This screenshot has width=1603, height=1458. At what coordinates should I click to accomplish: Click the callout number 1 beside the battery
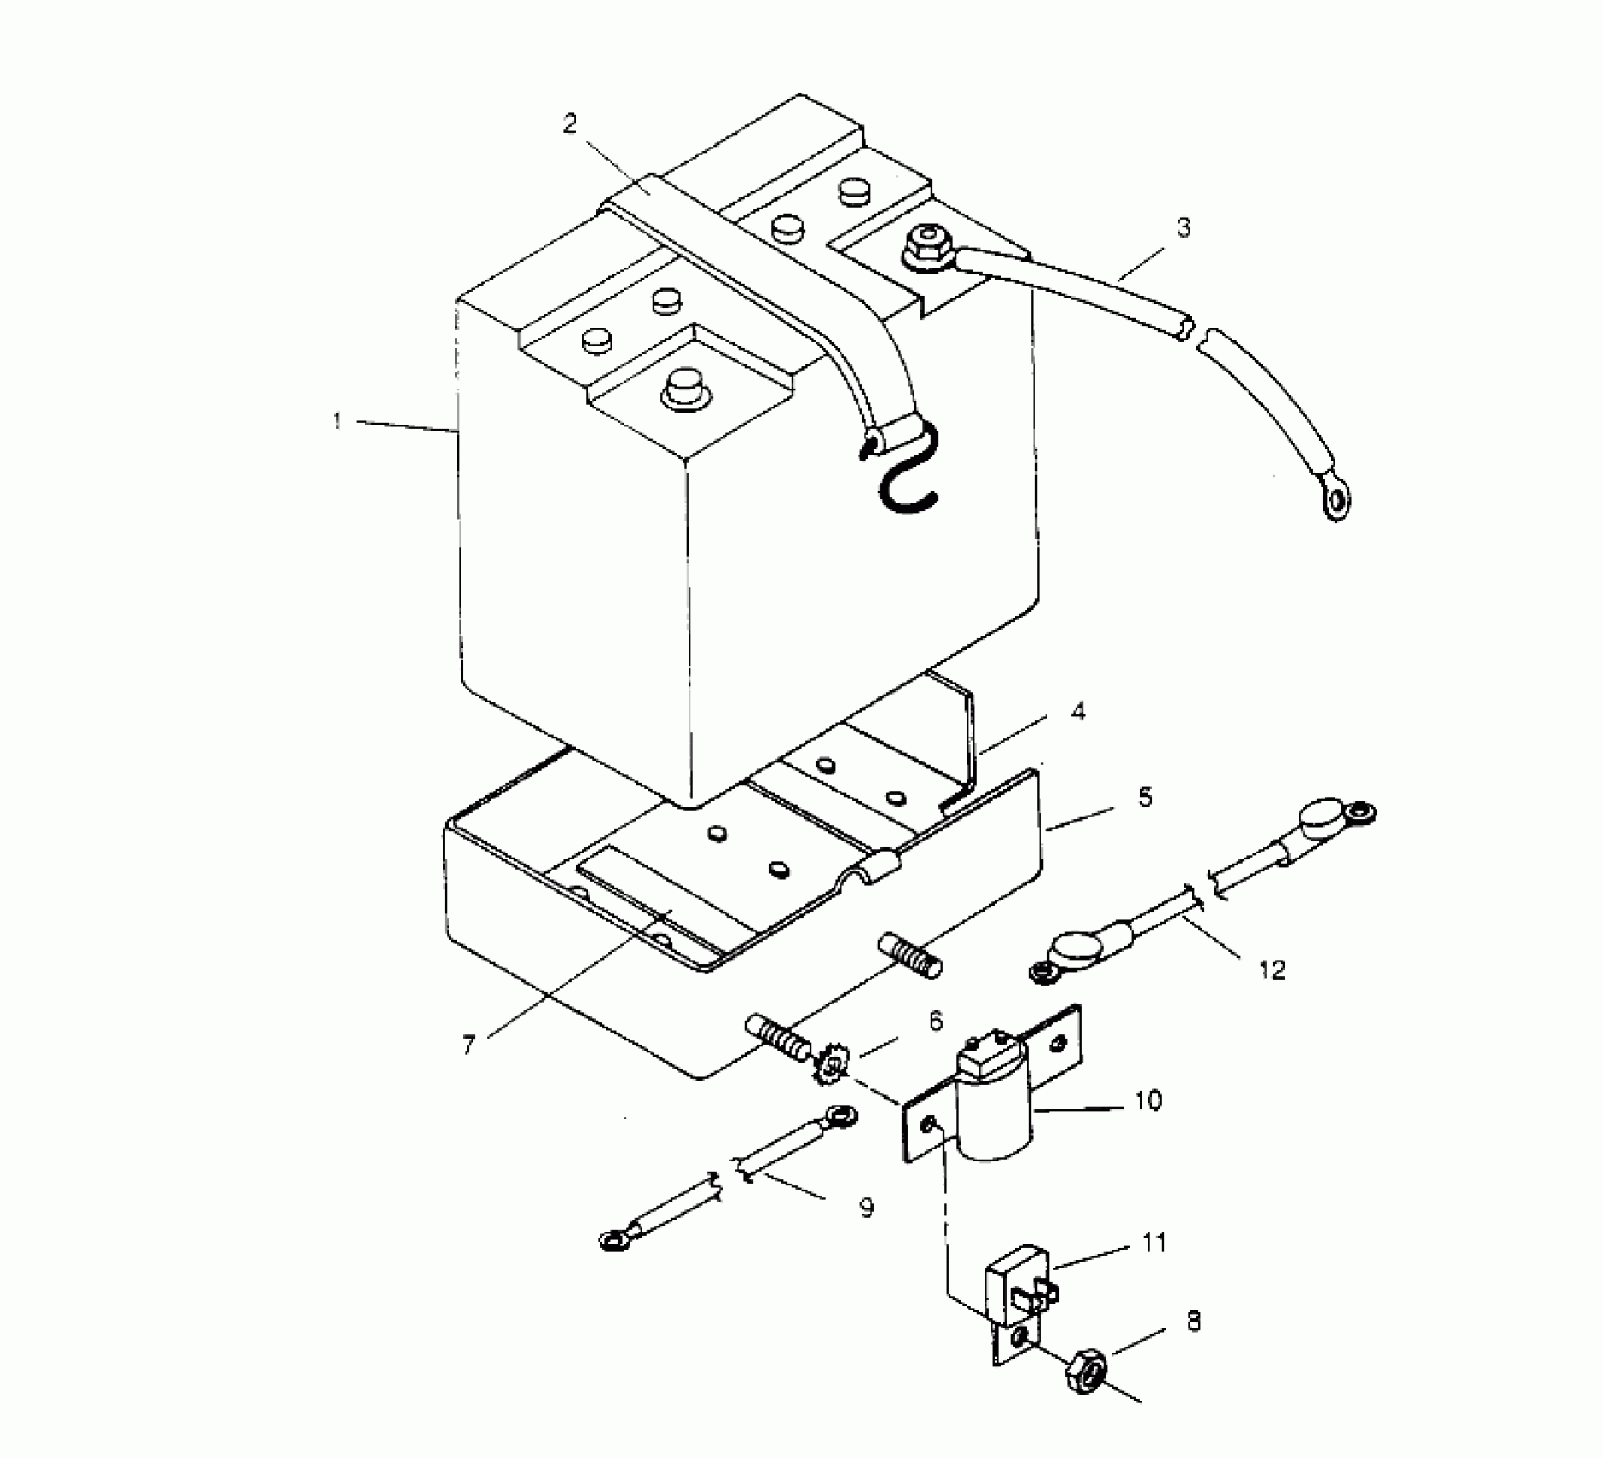(338, 421)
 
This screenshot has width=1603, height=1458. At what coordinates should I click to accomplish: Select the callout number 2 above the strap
(570, 125)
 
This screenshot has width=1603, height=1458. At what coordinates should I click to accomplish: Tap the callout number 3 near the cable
(1184, 228)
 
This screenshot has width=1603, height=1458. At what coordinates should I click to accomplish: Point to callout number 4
(1077, 712)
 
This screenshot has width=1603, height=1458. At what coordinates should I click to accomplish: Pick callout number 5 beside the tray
(1145, 798)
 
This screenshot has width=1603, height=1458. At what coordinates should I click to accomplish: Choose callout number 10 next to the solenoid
(1148, 1100)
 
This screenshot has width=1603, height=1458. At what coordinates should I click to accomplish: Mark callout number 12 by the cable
(1272, 970)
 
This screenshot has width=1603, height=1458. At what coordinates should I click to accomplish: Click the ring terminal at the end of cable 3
(1336, 502)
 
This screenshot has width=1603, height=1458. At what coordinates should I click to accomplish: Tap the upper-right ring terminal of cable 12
(1358, 810)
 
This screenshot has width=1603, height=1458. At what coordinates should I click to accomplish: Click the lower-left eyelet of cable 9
(612, 1238)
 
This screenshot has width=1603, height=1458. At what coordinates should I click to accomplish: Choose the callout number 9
(866, 1208)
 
